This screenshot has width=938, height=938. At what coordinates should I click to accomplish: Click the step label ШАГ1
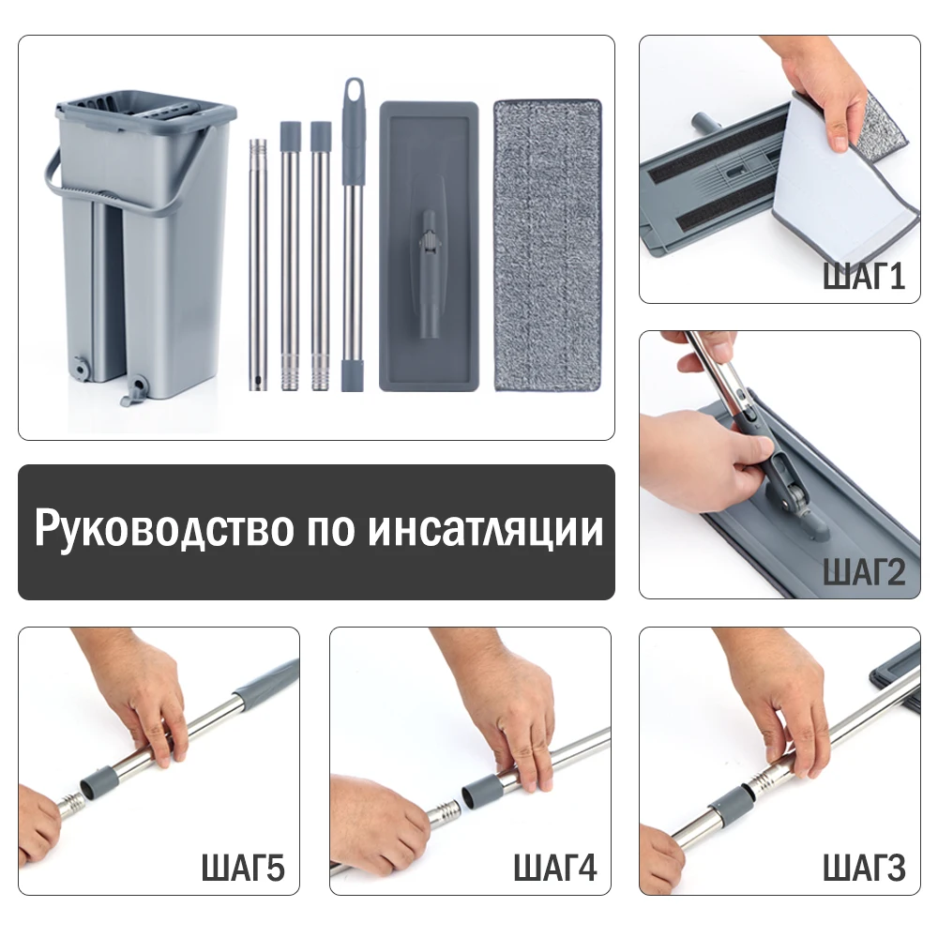[863, 277]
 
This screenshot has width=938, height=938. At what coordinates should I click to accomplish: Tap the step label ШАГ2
[863, 571]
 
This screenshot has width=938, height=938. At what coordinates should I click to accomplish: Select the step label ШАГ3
[864, 868]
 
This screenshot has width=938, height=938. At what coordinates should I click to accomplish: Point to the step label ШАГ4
[554, 868]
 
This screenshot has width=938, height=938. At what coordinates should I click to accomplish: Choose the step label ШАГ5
[243, 868]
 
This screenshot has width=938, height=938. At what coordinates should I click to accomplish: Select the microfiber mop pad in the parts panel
[547, 245]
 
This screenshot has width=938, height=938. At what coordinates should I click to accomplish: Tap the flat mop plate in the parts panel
[429, 245]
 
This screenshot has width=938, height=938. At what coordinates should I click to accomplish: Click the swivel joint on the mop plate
[429, 239]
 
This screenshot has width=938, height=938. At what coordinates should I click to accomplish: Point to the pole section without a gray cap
[258, 265]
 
